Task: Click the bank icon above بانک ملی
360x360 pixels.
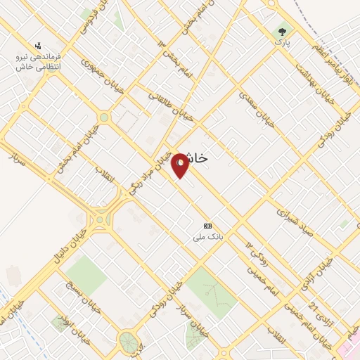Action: click(x=207, y=226)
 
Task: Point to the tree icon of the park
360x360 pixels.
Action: click(x=283, y=32)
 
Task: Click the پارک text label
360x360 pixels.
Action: click(x=283, y=44)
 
